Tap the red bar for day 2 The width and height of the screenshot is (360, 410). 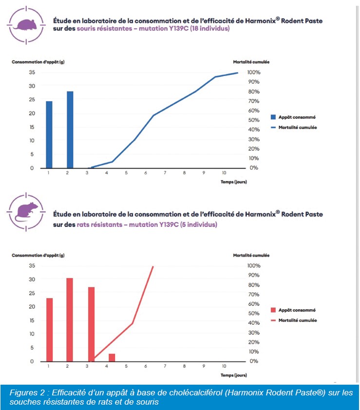pos(70,319)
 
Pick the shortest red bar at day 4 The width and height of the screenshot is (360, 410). pos(112,357)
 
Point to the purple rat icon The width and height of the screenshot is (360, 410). pos(24,211)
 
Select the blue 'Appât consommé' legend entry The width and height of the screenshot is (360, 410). pos(293,117)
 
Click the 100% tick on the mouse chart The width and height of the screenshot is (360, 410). pos(254,72)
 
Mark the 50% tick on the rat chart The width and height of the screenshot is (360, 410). pos(254,314)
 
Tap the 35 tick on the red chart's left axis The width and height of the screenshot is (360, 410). pos(32,266)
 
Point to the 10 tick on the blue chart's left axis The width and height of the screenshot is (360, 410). pos(32,141)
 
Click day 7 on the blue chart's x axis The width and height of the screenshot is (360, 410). pos(165,173)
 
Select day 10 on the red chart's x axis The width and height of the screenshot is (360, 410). pos(224,366)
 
